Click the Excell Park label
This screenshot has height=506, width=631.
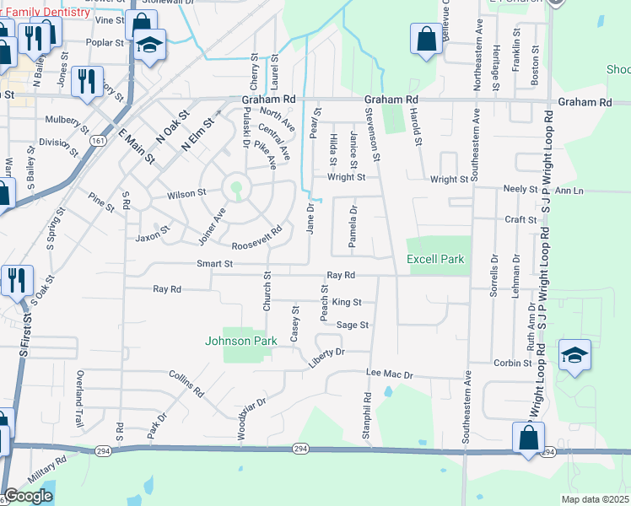[435, 260]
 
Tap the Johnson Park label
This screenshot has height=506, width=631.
[240, 342]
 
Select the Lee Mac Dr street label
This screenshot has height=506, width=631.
[389, 374]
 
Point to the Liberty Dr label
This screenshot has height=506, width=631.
[329, 352]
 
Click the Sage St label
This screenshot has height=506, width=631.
[353, 325]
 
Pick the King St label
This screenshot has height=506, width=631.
[346, 302]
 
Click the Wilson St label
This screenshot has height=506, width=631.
[186, 194]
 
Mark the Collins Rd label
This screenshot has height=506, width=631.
[186, 383]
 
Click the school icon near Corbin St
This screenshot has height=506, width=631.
[574, 355]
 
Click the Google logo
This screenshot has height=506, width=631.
[28, 496]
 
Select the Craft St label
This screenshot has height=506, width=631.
[520, 219]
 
